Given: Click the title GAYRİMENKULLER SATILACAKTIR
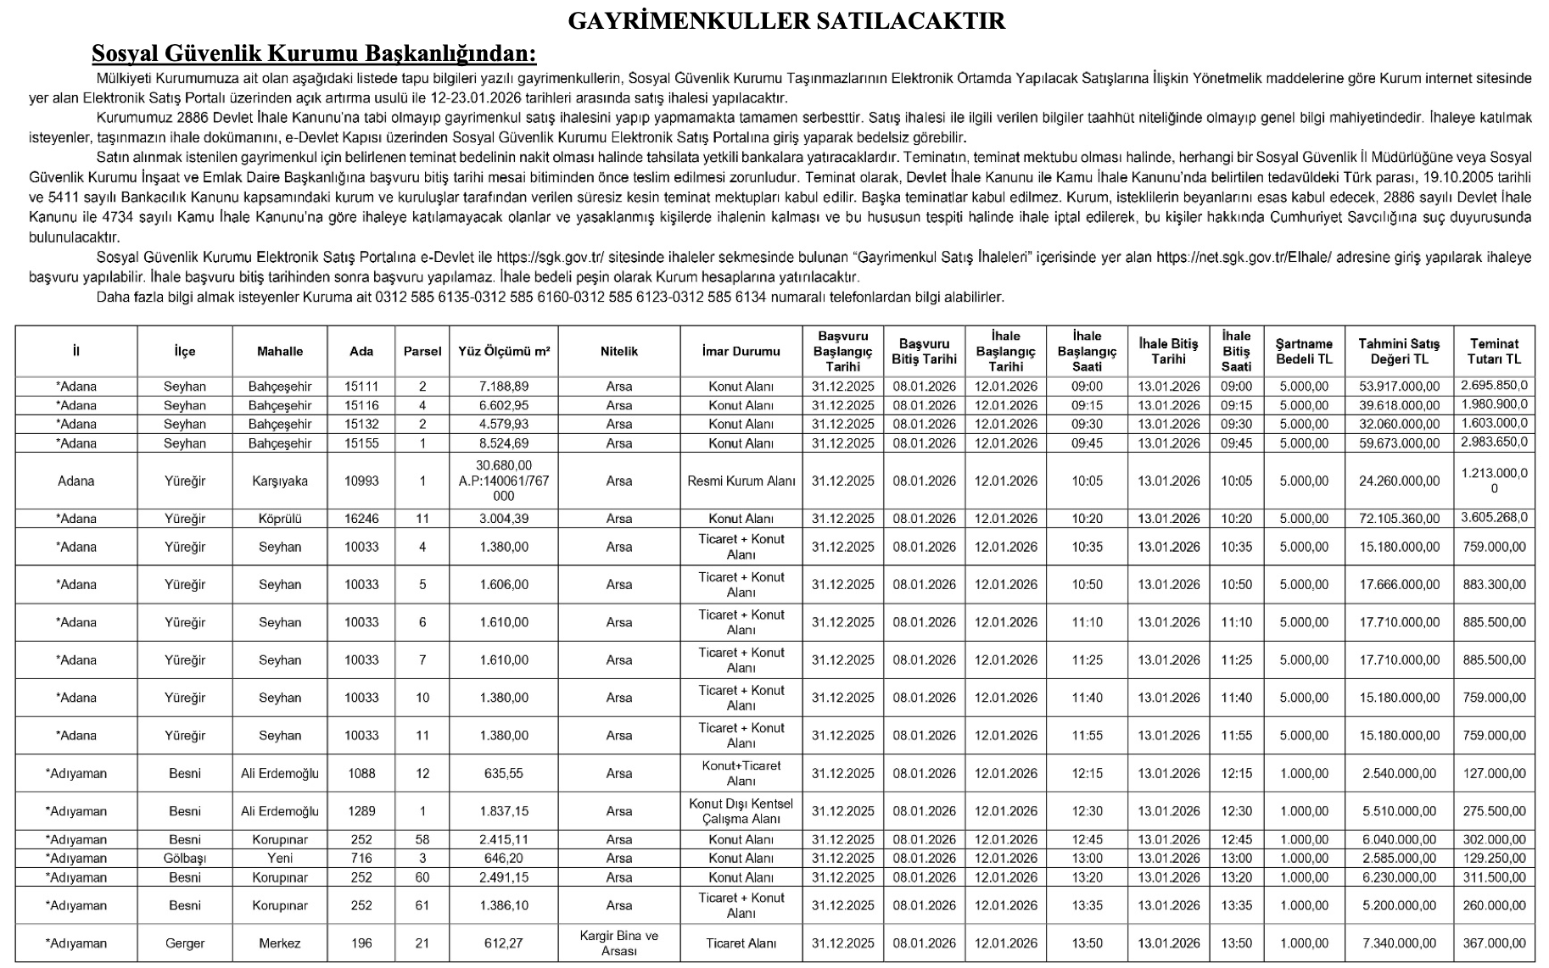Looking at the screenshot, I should click(786, 21).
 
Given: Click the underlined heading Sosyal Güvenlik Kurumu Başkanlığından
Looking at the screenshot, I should click(314, 53).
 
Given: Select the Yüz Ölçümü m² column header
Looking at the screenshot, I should click(504, 351).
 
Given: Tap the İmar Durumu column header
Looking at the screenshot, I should click(741, 351).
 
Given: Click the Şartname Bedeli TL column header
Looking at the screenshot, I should click(1304, 351).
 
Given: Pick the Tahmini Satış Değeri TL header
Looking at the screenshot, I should click(1399, 351).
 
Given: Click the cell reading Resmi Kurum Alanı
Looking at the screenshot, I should click(741, 481).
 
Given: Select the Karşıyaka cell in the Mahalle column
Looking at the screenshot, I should click(280, 481).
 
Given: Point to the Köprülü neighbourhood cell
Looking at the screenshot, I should click(280, 519).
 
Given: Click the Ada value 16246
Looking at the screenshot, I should click(361, 519).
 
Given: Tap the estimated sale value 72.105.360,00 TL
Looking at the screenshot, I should click(1399, 519).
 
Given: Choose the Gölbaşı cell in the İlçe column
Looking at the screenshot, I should click(185, 858).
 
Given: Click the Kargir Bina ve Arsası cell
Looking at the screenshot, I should click(618, 943).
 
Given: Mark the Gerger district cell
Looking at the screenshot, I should click(185, 943).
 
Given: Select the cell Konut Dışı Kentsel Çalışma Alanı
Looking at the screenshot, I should click(741, 811).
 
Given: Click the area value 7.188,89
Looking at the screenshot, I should click(504, 387).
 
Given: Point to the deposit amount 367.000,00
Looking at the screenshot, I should click(1494, 943).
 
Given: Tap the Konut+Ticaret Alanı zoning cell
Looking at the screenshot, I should click(741, 773).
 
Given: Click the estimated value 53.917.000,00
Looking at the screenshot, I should click(1399, 387).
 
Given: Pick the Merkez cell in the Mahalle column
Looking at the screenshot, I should click(280, 943).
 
